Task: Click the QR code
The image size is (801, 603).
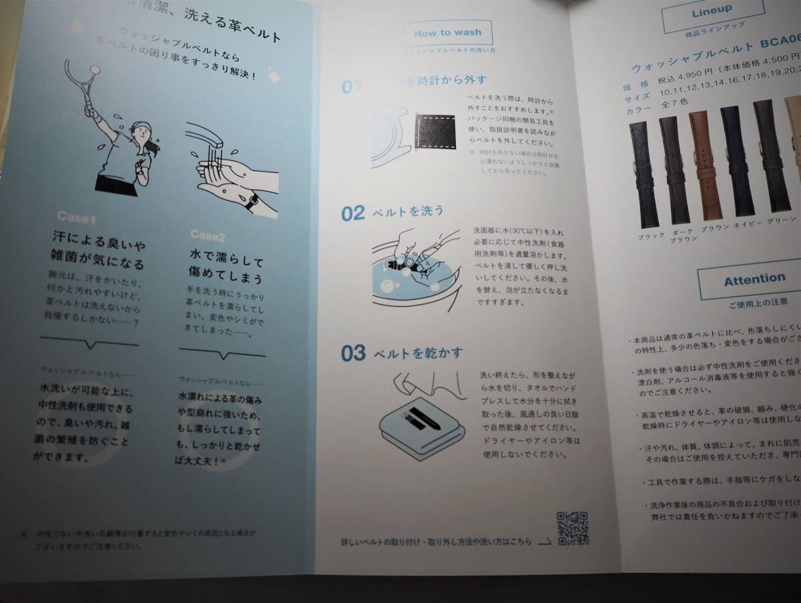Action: coord(572,528)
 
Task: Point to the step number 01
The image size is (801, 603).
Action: coord(352,87)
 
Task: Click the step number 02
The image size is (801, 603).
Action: coord(353,214)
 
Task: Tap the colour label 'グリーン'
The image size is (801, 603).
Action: coord(782,220)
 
